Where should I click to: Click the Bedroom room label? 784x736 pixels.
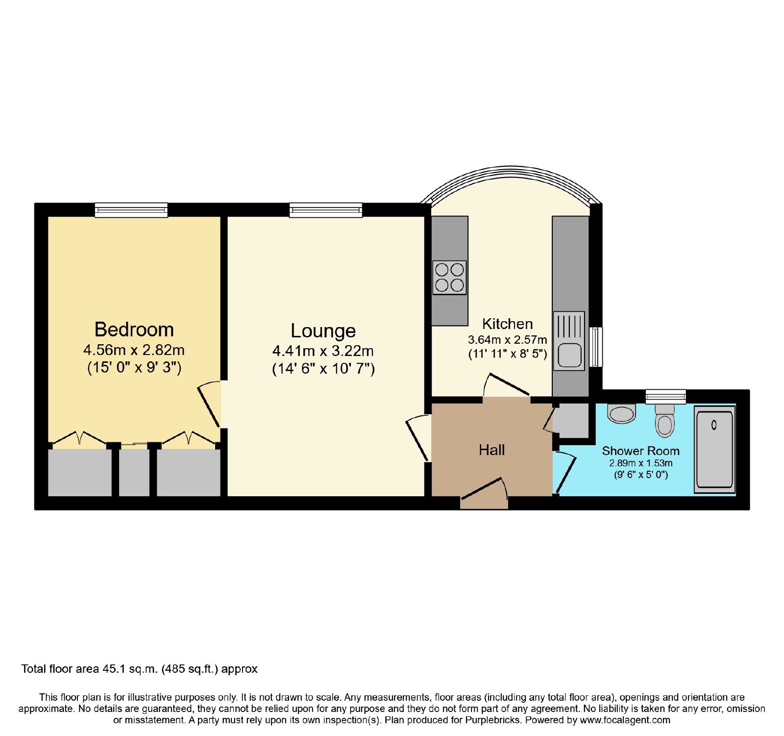point(134,330)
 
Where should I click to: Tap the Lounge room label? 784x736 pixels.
point(323,331)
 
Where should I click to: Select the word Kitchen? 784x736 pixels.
point(507,324)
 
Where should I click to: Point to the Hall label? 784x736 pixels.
point(491,450)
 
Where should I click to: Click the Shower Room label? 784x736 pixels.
point(640,451)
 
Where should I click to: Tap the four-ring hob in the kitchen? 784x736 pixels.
point(449,278)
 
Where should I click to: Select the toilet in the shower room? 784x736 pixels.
point(665,420)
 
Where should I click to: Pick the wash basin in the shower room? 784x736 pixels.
point(621,413)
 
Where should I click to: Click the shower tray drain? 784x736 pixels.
point(714,425)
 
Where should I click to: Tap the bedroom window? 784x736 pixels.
point(131,210)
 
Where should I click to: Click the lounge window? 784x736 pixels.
point(326,210)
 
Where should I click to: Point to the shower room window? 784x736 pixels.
point(665,396)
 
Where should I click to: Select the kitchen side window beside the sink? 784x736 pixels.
point(596,347)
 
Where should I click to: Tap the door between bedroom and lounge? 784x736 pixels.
point(210,405)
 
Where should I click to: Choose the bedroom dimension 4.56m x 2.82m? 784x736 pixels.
point(134,350)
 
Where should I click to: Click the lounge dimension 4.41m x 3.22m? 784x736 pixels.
point(323,351)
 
